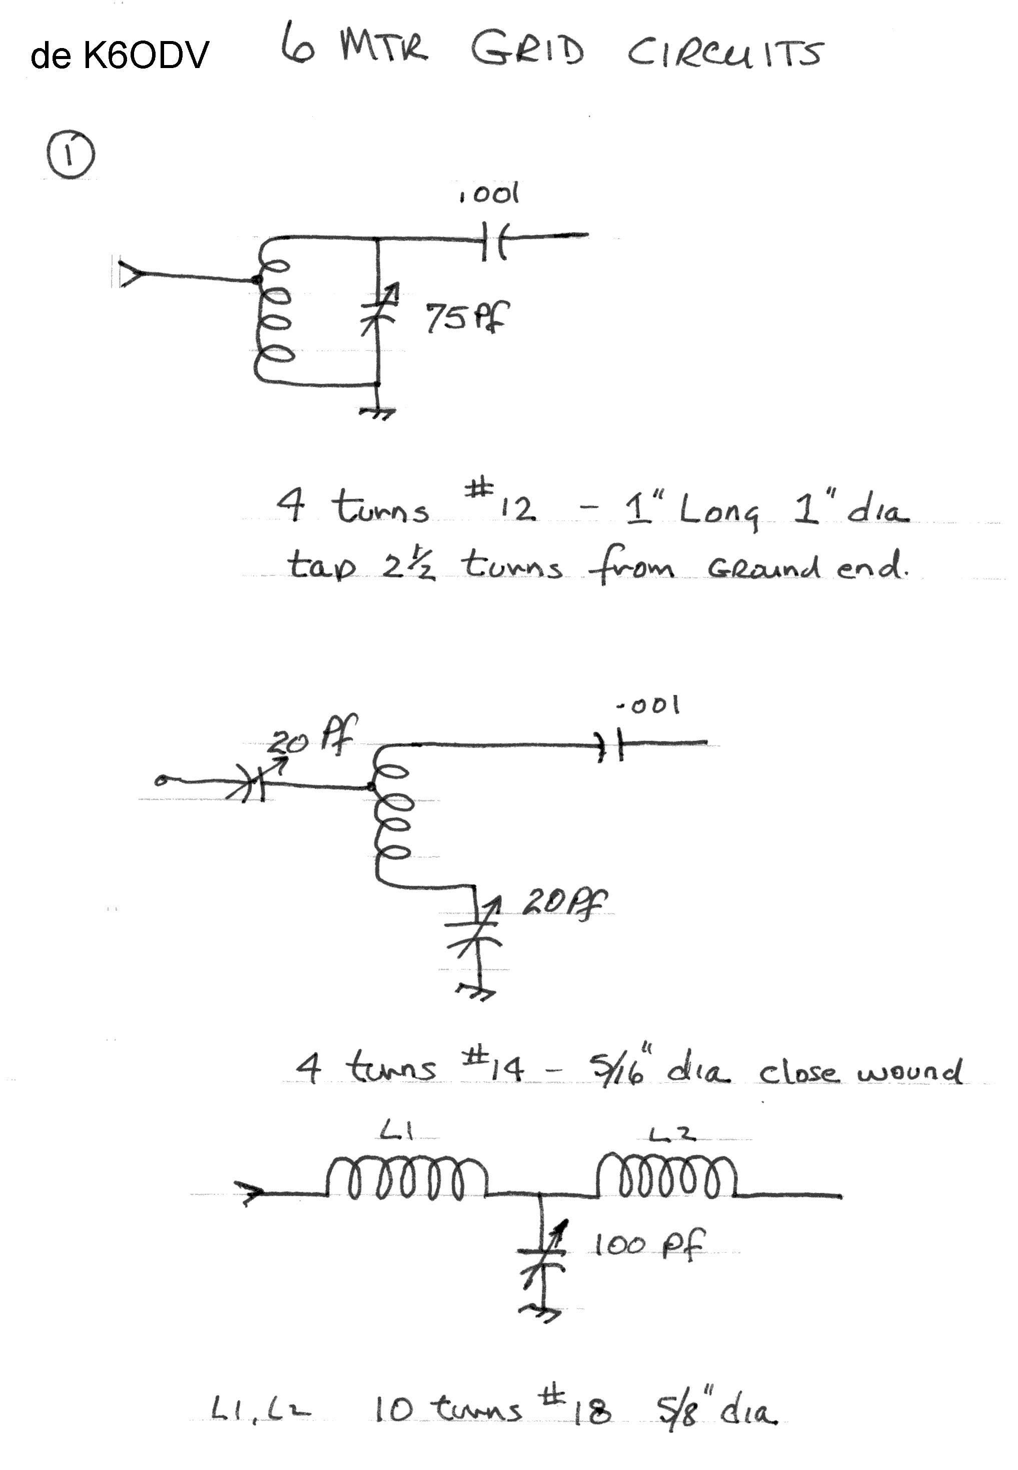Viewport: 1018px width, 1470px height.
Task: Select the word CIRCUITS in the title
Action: [x=724, y=53]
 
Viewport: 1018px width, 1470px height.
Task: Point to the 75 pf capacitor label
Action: [x=467, y=317]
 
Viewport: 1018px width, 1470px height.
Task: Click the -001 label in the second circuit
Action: [x=648, y=705]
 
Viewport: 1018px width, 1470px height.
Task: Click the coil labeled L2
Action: [x=666, y=1175]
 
